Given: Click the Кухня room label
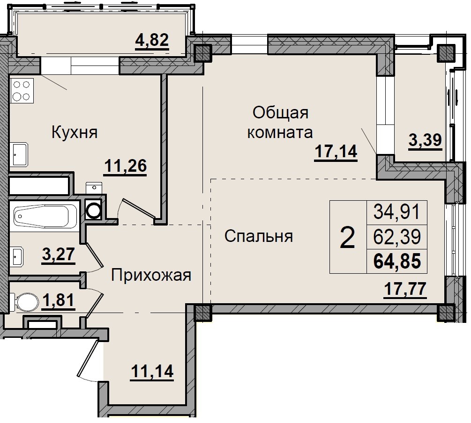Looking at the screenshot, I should tap(74, 132).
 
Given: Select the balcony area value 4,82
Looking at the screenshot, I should tap(151, 41).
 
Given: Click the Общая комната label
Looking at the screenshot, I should tap(280, 123).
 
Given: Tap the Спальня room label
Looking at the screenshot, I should tap(258, 236).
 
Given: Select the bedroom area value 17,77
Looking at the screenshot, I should tap(405, 288).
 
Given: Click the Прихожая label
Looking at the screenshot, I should tap(151, 275).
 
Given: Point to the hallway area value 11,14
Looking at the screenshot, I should tap(152, 372).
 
